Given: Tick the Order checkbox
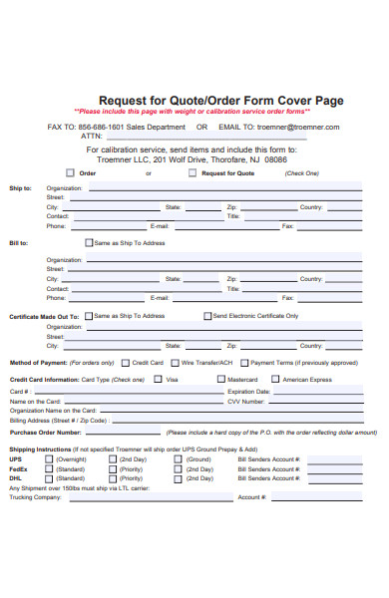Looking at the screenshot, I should [x=70, y=172].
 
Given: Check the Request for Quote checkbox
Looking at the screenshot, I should [x=193, y=172].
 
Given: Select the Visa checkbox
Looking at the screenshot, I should [x=159, y=380].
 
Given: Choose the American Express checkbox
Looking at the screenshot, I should [x=276, y=380].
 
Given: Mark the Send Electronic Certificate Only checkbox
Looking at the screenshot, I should [x=206, y=316].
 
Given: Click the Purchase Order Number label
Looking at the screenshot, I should [x=45, y=433].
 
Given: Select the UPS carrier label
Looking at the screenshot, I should [x=16, y=459].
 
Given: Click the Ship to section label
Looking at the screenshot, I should [x=20, y=187].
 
